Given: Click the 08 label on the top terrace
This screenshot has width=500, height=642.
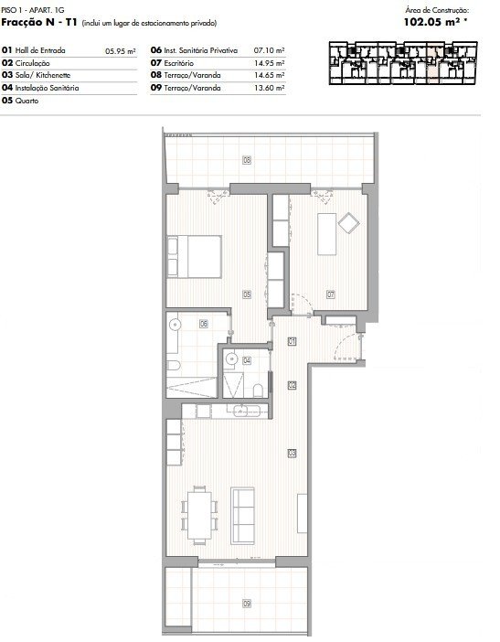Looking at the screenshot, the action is point(247,160).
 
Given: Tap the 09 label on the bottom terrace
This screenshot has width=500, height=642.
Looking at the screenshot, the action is point(247,603).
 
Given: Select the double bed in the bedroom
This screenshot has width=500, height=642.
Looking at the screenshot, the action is point(194,257).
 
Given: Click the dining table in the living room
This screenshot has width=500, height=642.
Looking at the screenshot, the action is point(199,515).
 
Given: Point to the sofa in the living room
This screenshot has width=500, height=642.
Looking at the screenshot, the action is point(242,516).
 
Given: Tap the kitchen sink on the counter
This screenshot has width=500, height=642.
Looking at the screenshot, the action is point(247,411).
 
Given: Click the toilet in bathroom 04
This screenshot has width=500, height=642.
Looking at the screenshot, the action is point(258,391).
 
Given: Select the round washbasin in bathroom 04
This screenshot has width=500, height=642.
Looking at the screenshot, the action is point(230,359).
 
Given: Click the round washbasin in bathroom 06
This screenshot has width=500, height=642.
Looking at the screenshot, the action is point(175,325).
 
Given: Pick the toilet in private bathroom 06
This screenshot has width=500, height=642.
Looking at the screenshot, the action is point(174,364).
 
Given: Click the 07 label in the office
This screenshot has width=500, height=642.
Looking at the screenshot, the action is point(331,294).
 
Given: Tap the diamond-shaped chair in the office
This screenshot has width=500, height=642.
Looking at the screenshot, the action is point(348,223).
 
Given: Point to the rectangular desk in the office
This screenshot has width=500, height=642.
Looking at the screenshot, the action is point(326,234).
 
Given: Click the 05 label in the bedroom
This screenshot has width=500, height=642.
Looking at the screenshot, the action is point(247,294).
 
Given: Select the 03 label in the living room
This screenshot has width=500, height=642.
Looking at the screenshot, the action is point(292,454).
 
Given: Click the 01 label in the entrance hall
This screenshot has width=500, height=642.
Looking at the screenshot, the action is point(292,341).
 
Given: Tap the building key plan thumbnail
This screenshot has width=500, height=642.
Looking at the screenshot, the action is point(403,63).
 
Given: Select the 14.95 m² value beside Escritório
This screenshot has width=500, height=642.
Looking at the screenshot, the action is point(270,63).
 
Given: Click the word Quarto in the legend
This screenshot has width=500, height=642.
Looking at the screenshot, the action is point(27,101).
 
